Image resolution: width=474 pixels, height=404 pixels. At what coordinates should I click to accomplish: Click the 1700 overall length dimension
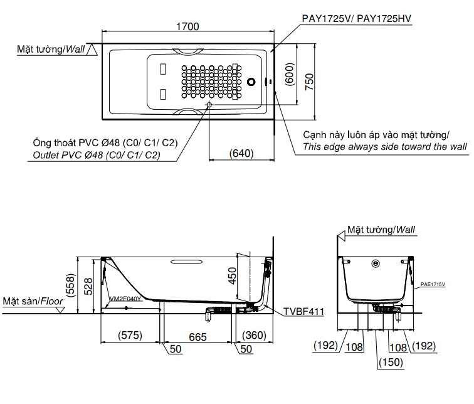[x=187, y=26]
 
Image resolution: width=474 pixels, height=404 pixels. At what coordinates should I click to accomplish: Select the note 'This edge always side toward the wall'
[x=384, y=147]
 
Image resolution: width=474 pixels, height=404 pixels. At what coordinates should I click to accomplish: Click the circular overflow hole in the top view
[x=252, y=82]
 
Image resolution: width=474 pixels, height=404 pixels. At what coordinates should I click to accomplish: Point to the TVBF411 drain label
[x=304, y=310]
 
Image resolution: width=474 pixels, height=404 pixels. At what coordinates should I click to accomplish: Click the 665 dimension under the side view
[x=198, y=337]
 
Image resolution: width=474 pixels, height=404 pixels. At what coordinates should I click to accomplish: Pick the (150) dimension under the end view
[x=392, y=362]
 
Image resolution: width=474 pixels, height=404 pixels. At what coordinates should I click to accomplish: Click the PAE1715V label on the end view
[x=433, y=284]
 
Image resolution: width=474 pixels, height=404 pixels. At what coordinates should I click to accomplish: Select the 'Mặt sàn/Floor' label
[x=33, y=301]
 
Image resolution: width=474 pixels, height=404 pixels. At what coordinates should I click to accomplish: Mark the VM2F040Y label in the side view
[x=125, y=299]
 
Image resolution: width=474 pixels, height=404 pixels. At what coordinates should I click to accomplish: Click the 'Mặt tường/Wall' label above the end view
[x=381, y=230]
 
